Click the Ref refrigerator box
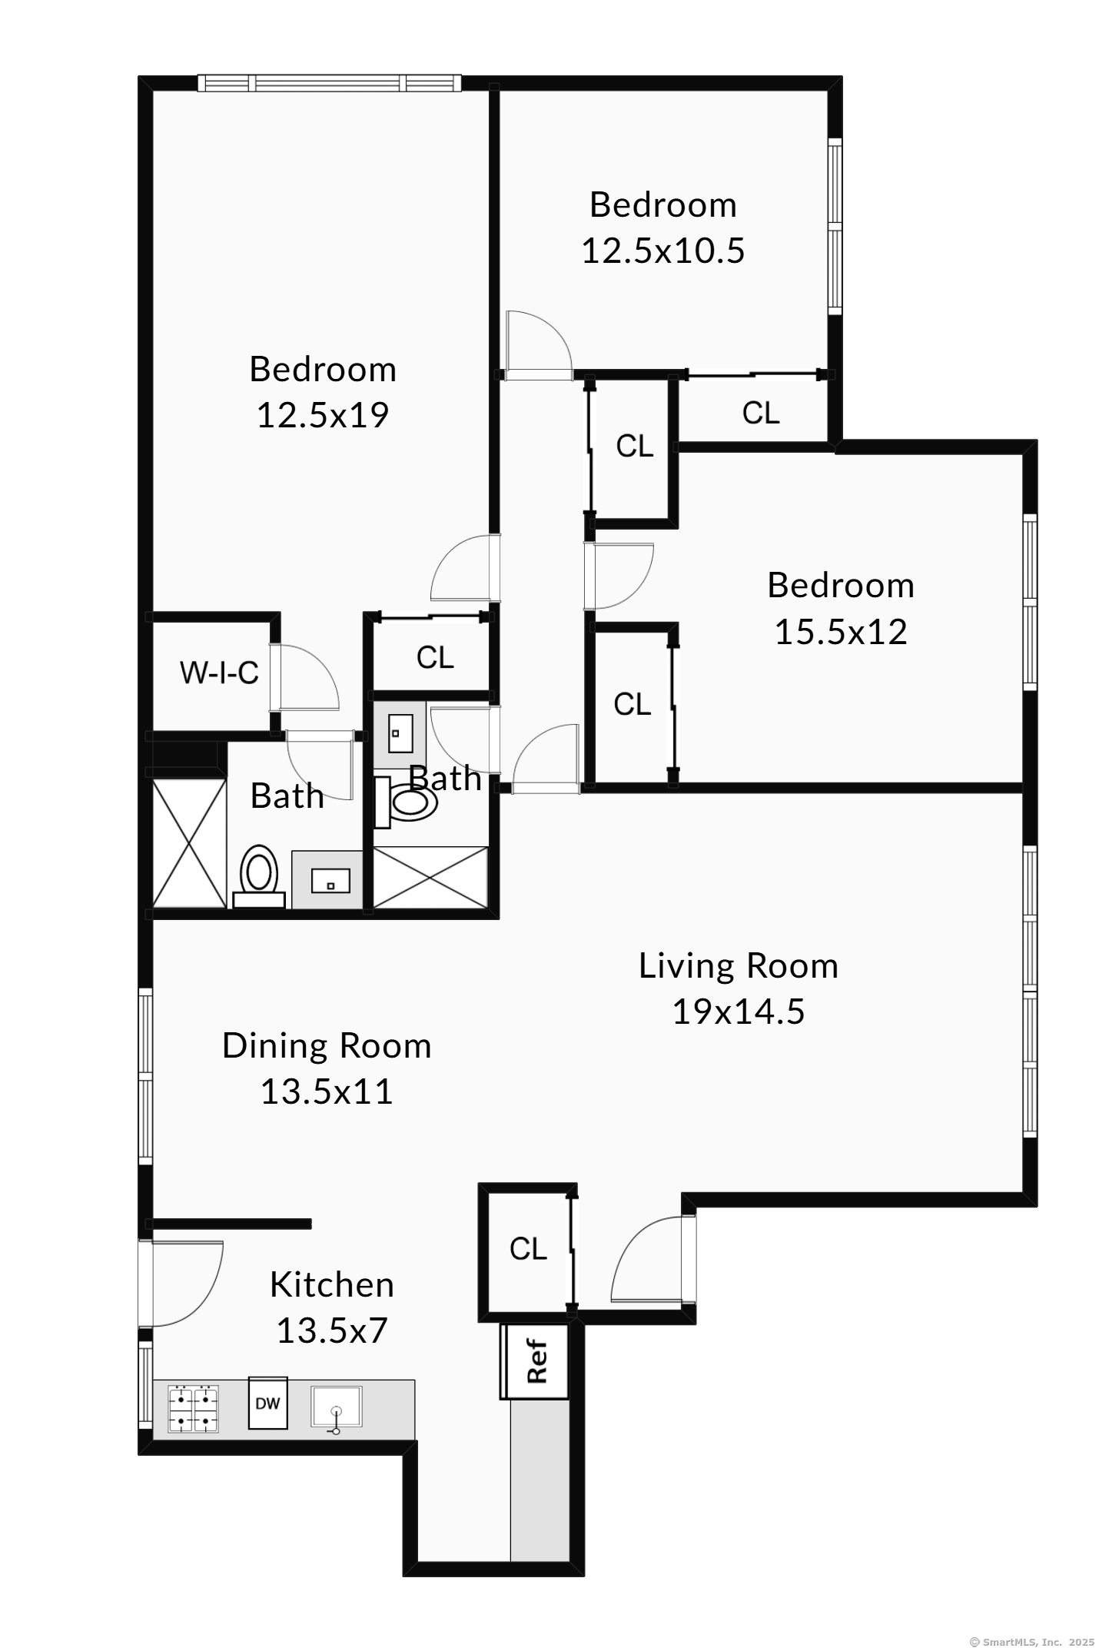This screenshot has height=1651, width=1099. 535,1361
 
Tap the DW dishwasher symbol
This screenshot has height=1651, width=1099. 267,1404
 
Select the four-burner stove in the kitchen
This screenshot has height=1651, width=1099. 193,1409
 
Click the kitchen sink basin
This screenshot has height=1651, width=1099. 336,1407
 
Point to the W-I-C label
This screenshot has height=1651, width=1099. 219,673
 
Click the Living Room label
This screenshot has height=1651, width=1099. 738,966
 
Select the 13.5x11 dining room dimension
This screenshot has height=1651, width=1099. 327,1091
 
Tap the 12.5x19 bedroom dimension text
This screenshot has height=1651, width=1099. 323,415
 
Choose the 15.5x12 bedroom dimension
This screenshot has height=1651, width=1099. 841,632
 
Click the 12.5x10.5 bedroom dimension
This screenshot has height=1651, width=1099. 662,251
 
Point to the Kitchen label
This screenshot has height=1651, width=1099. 332,1285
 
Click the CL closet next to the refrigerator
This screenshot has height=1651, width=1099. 528,1249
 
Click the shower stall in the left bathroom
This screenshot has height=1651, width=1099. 189,842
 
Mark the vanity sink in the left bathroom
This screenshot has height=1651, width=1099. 330,880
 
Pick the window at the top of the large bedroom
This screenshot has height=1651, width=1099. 329,83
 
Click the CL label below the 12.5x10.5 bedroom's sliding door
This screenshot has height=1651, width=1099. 761,414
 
